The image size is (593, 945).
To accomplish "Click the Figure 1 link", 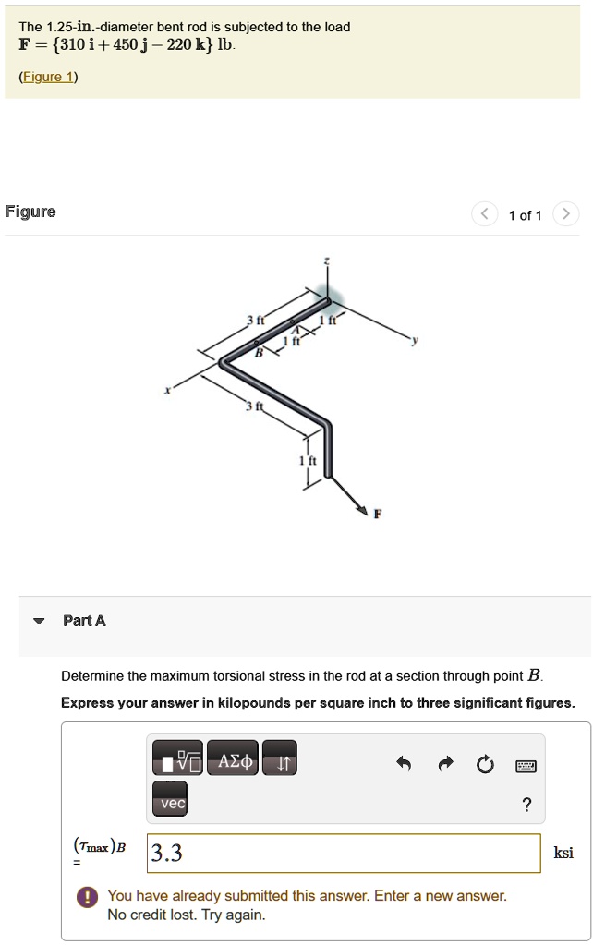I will click(x=48, y=77).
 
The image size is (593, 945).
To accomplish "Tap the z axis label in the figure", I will click(x=325, y=260).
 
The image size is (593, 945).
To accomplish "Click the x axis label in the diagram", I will click(x=167, y=391).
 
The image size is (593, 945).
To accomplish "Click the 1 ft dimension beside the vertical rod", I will click(x=312, y=462).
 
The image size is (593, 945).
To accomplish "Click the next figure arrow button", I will click(x=565, y=214).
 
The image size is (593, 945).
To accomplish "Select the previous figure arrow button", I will click(x=484, y=214).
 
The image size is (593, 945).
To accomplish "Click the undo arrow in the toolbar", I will click(x=403, y=763).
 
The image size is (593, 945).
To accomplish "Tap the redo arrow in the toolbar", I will click(x=445, y=763).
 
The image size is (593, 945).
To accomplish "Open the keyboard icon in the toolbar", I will click(x=526, y=764).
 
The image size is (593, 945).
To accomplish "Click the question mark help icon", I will click(x=526, y=805).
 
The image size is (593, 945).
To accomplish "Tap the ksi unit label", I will click(x=563, y=853).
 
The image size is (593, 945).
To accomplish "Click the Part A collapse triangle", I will click(x=38, y=621).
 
